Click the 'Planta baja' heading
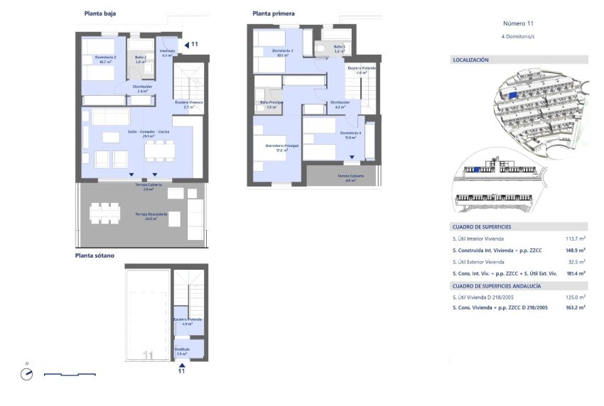click(x=100, y=13)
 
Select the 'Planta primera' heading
click(x=274, y=13)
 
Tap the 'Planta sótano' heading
click(x=95, y=256)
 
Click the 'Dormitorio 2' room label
click(x=104, y=59)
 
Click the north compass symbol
click(x=27, y=374)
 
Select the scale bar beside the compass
click(x=70, y=374)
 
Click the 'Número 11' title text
click(x=518, y=23)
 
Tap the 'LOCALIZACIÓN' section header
click(x=471, y=60)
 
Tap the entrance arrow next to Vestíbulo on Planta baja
click(x=186, y=45)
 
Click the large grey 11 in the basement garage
click(x=149, y=355)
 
